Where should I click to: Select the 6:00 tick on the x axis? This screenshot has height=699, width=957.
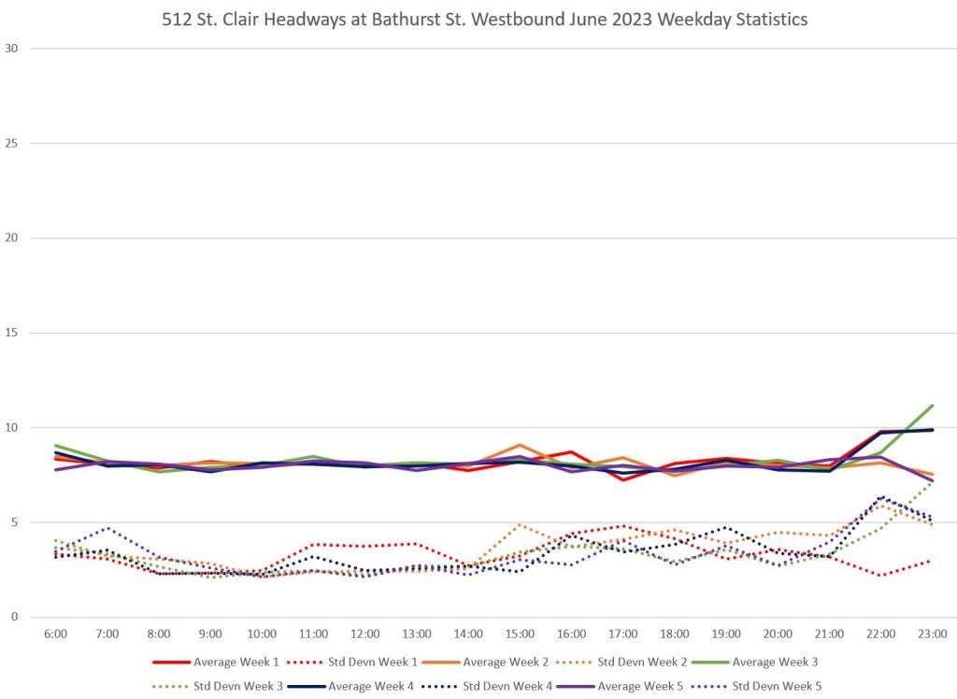56,634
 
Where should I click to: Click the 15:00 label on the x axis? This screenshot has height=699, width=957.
520,634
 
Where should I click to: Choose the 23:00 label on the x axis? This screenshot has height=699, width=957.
933,634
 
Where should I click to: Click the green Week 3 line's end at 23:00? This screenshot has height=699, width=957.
933,406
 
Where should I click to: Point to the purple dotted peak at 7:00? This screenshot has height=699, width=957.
107,527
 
